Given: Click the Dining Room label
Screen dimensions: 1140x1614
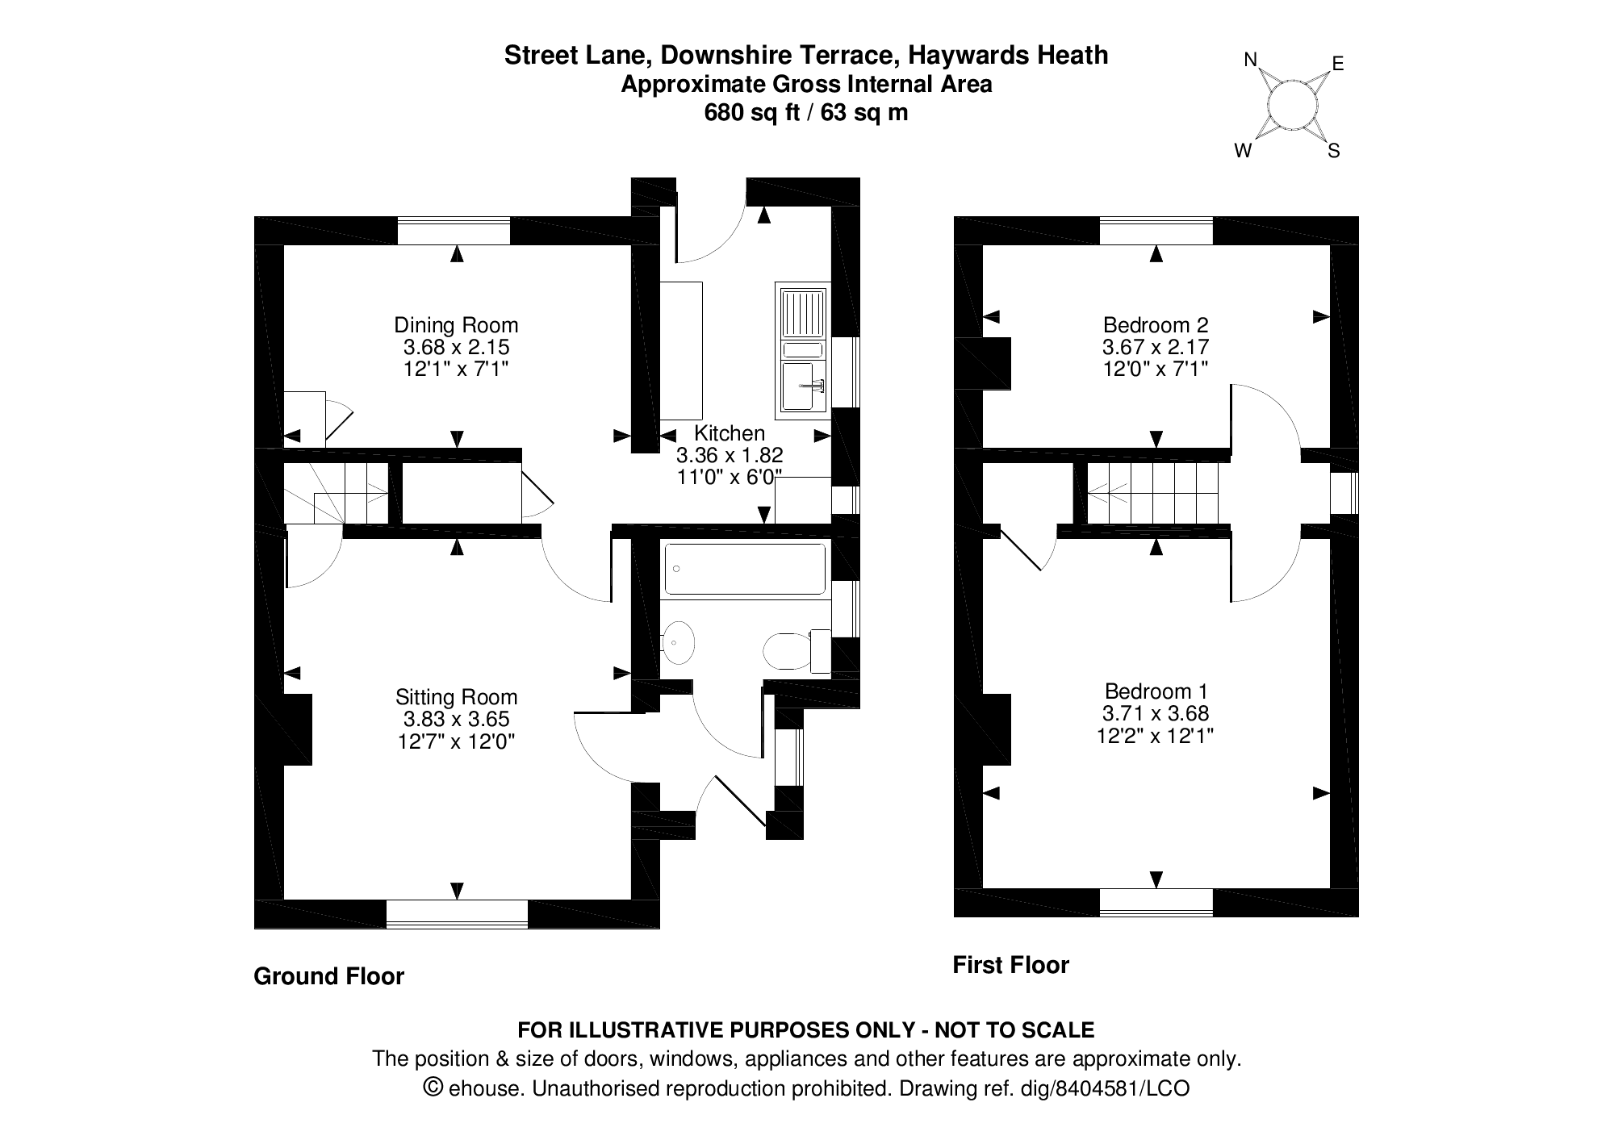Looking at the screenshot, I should pos(456,325).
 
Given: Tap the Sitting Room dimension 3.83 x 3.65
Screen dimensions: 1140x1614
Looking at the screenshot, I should pos(456,719).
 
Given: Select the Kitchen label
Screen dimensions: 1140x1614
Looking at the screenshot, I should pos(729,433).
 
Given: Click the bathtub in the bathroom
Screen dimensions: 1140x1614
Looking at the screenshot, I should pos(744,570).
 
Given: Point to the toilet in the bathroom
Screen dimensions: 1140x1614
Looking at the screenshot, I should pos(789,651).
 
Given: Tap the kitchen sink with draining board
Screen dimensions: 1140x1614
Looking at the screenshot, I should pos(802,350).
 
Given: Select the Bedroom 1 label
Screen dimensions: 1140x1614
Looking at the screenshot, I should pos(1156,691).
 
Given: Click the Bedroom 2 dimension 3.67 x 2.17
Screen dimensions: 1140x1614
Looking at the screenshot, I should pos(1156,348).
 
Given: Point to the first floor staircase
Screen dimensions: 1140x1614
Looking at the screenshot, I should pos(1152,492).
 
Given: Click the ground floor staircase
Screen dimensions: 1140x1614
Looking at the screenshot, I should pos(337,492).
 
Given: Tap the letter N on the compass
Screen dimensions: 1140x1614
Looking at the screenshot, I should pos(1251,60).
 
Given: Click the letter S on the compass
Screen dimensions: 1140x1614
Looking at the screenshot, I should pos(1334,151).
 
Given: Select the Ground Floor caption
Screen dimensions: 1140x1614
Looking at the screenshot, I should pos(328,976).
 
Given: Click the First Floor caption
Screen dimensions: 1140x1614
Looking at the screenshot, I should pos(1010,965).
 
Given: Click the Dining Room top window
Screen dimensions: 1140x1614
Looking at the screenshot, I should pos(454,231).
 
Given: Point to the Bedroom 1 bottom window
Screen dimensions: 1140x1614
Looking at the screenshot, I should pos(1156,902).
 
